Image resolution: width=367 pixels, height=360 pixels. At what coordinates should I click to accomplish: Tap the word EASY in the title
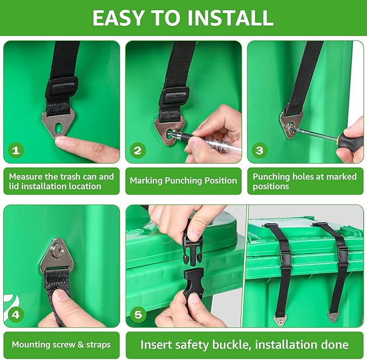tap(118, 18)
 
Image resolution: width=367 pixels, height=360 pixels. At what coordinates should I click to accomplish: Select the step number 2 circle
tap(137, 150)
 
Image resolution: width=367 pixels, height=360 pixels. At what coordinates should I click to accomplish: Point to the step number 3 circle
tap(259, 150)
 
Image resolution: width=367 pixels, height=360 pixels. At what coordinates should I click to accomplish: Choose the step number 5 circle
tap(137, 314)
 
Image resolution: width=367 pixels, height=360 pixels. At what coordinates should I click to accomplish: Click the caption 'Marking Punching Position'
tap(183, 181)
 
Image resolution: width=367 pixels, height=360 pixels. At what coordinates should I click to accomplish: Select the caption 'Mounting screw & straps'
tap(61, 345)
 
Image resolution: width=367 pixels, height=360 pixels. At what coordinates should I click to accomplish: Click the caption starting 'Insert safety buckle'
tap(244, 345)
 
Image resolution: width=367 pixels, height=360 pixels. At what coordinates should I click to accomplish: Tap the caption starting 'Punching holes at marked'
tap(305, 181)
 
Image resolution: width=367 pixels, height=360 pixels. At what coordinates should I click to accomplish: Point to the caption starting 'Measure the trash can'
tap(61, 181)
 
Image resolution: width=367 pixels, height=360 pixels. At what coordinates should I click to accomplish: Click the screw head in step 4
tap(60, 250)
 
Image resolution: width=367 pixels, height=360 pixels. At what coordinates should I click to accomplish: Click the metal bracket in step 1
tap(57, 124)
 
